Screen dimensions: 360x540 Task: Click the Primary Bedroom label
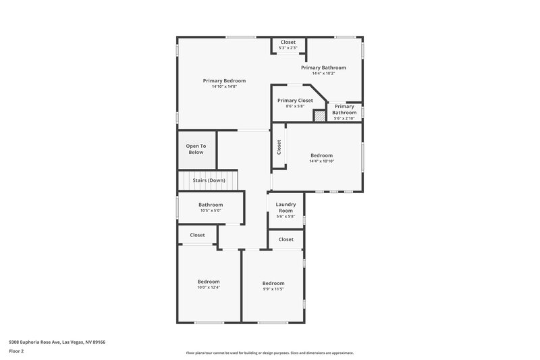click(x=224, y=80)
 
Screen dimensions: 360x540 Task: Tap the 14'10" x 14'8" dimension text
click(x=224, y=86)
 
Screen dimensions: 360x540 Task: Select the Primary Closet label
click(x=295, y=100)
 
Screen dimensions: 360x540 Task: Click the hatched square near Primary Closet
click(x=319, y=115)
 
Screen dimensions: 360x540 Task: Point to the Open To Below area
click(x=196, y=149)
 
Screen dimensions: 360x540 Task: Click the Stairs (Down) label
click(x=209, y=180)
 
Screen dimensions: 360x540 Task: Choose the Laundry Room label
click(x=286, y=207)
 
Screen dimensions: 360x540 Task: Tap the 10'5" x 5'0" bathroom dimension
click(x=211, y=211)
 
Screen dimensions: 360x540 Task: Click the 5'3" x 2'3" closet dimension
click(x=288, y=48)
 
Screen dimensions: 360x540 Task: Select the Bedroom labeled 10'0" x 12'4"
click(x=209, y=282)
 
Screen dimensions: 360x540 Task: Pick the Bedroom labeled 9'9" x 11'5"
click(x=273, y=283)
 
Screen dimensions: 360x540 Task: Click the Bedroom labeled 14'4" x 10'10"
click(x=322, y=155)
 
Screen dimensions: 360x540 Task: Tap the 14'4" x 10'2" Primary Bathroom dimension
click(x=323, y=74)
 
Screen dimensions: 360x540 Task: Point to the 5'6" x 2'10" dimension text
click(x=344, y=118)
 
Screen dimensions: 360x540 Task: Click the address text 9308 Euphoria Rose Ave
click(x=57, y=342)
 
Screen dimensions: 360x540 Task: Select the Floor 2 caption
click(x=16, y=351)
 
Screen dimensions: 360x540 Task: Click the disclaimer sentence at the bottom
click(x=269, y=353)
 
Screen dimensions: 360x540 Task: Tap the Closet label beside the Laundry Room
click(x=286, y=239)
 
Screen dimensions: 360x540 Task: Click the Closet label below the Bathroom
click(x=197, y=235)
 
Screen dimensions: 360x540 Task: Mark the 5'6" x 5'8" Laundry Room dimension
click(x=286, y=216)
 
